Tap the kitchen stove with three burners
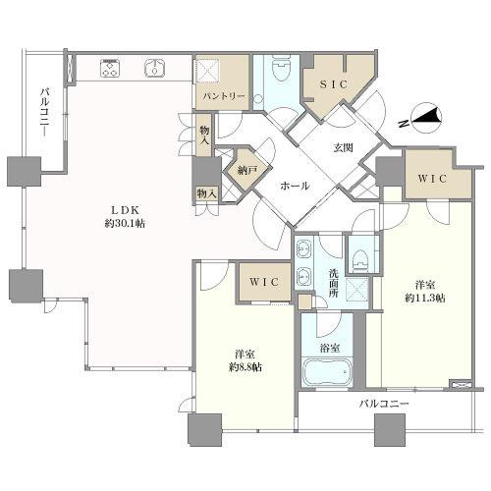(x=110, y=68)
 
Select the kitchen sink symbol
(x=154, y=68)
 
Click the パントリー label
(x=224, y=96)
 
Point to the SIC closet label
(x=333, y=84)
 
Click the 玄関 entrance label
(x=344, y=148)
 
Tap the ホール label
(x=295, y=186)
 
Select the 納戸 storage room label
(x=247, y=170)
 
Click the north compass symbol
(x=424, y=120)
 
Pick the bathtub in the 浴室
(x=327, y=372)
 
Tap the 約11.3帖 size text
(x=425, y=298)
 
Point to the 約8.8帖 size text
(x=245, y=367)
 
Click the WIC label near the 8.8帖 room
(x=264, y=282)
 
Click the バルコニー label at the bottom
(x=384, y=404)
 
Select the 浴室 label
(x=329, y=348)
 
